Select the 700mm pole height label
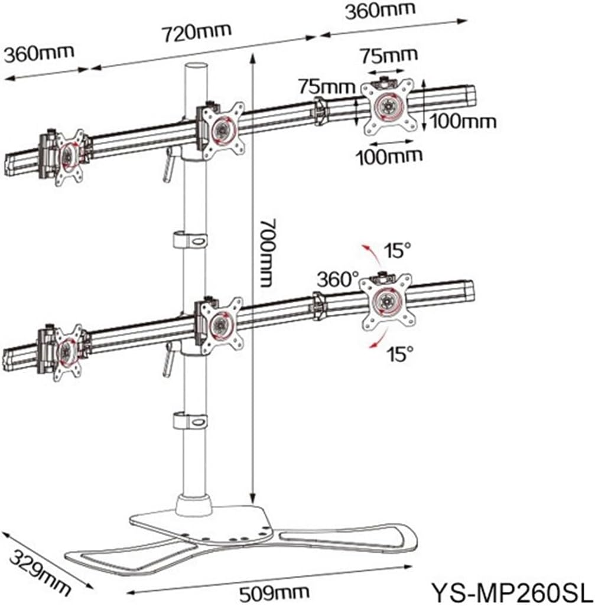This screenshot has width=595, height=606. point(268,252)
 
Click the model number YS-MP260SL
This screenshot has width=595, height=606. point(509,591)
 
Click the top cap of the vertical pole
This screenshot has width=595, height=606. point(197,67)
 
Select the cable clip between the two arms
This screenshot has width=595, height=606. point(190,242)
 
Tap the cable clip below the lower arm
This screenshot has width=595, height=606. point(190,422)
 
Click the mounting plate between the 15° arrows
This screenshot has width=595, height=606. point(386,301)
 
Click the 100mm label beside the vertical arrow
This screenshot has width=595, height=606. point(463,122)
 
